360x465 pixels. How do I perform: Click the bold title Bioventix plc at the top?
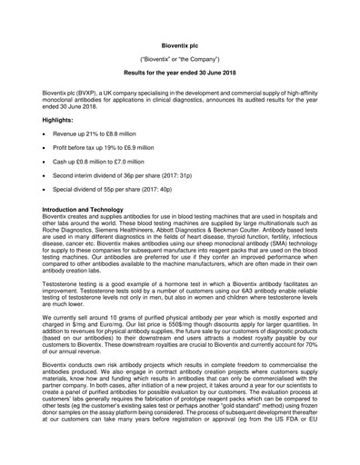point(180,42)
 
